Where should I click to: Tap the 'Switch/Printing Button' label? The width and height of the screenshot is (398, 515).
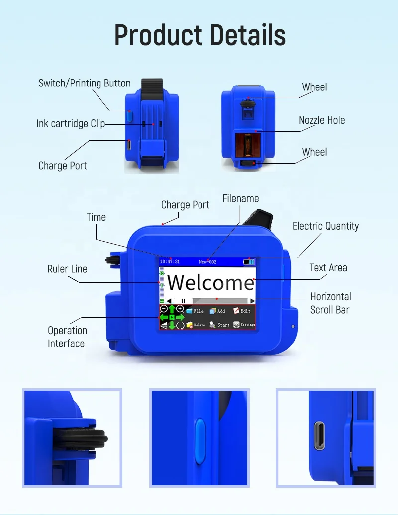[85, 83]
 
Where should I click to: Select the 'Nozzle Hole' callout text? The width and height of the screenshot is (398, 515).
[321, 120]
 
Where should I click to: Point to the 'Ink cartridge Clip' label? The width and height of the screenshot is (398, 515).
[71, 124]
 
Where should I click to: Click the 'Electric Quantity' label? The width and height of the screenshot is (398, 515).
[325, 226]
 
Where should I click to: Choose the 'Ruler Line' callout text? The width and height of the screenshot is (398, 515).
[67, 269]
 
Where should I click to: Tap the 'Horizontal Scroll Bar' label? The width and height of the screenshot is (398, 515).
[330, 303]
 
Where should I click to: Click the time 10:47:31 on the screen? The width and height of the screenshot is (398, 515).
[170, 261]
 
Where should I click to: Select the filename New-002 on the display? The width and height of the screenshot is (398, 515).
[207, 261]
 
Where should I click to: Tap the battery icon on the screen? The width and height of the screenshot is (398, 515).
[248, 261]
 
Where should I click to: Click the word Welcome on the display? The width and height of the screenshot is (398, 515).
[210, 282]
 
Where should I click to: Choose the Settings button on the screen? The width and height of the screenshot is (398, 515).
[244, 325]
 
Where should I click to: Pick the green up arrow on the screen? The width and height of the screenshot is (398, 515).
[172, 309]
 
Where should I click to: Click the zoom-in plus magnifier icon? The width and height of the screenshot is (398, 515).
[180, 309]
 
